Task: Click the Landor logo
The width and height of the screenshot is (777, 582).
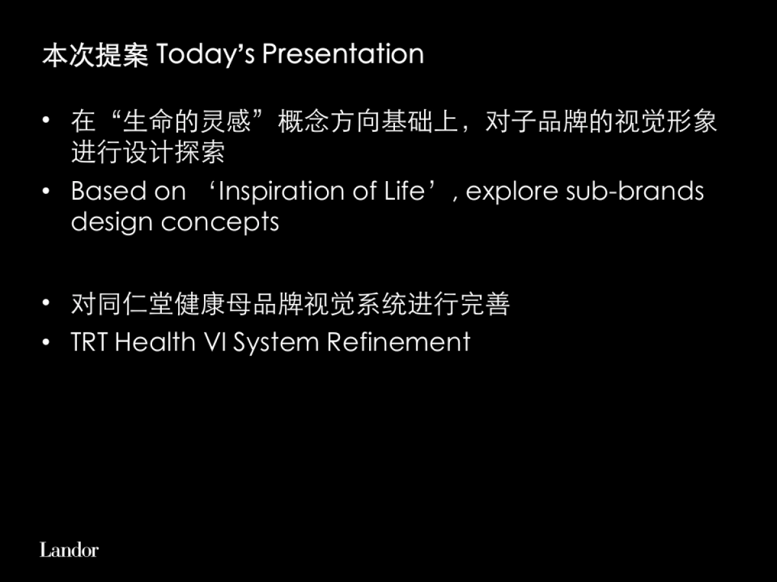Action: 69,550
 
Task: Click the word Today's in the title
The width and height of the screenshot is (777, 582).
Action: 205,54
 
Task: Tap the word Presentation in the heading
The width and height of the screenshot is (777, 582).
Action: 343,54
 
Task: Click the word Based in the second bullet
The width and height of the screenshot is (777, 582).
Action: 107,191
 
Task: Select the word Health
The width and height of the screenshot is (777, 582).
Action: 155,342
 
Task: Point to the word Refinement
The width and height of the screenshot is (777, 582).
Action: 398,342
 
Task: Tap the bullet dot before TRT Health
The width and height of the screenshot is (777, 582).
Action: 46,342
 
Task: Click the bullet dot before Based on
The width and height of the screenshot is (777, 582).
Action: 46,192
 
